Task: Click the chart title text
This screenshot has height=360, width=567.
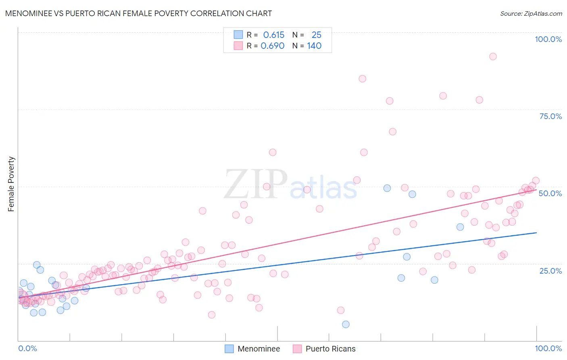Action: pyautogui.click(x=138, y=13)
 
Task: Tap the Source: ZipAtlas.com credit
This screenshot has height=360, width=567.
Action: pyautogui.click(x=531, y=13)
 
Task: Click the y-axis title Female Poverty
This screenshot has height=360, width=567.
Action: pyautogui.click(x=11, y=184)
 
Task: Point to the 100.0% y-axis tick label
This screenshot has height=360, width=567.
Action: pyautogui.click(x=548, y=39)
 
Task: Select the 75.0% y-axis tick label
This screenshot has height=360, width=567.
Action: pyautogui.click(x=550, y=116)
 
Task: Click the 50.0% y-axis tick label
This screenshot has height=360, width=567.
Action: pyautogui.click(x=550, y=193)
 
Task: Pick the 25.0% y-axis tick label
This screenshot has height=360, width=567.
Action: pyautogui.click(x=550, y=270)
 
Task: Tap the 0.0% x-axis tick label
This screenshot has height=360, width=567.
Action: pyautogui.click(x=27, y=348)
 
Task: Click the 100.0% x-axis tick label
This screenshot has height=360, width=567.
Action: pyautogui.click(x=548, y=348)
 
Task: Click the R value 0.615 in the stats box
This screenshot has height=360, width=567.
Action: pyautogui.click(x=273, y=35)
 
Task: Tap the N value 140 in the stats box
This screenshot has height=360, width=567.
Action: pyautogui.click(x=314, y=46)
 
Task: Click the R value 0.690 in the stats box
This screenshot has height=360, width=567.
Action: pyautogui.click(x=273, y=46)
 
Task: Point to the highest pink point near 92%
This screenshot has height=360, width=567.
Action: pyautogui.click(x=492, y=57)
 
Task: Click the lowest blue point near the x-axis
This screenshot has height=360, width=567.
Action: pyautogui.click(x=346, y=324)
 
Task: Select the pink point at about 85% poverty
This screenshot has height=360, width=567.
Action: pyautogui.click(x=362, y=79)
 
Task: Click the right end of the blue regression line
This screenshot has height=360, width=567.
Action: pyautogui.click(x=536, y=232)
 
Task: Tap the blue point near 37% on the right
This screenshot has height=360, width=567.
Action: pyautogui.click(x=460, y=227)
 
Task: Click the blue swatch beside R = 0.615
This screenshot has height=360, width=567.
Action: pyautogui.click(x=238, y=35)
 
